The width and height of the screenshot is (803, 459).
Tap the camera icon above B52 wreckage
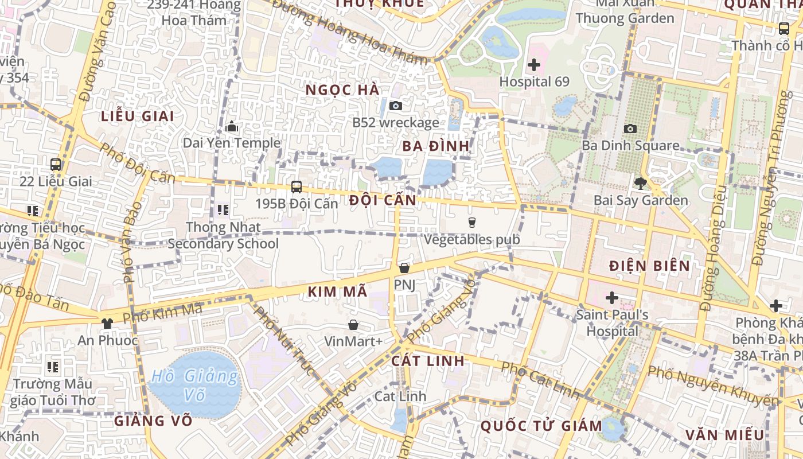point(395,106)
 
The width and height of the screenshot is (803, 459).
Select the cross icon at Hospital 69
point(534,65)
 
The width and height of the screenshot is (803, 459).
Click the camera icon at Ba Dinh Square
point(630,129)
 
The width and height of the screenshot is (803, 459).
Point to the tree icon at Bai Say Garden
point(640,184)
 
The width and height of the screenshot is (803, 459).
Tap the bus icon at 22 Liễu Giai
point(56,165)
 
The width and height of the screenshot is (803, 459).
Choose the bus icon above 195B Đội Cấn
point(297,186)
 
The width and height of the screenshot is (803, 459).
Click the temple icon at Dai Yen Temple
point(232,126)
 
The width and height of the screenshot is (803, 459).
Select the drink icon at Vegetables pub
point(472,223)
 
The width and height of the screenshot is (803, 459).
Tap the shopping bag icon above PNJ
point(404,268)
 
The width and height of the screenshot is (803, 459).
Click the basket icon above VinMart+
point(353,325)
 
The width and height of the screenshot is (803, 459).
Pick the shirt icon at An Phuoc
point(107,323)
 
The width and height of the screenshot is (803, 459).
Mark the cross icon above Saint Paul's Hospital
point(612,298)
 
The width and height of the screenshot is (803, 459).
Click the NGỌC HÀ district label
point(342,90)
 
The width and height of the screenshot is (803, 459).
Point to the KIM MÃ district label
point(337,291)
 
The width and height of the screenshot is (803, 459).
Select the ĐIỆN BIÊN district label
point(649,266)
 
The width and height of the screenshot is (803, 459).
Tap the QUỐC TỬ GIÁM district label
point(541,426)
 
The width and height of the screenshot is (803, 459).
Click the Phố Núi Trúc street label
point(284,341)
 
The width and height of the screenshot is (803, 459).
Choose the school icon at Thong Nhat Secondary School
point(223,210)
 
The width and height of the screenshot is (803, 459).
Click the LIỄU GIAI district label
point(138,116)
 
